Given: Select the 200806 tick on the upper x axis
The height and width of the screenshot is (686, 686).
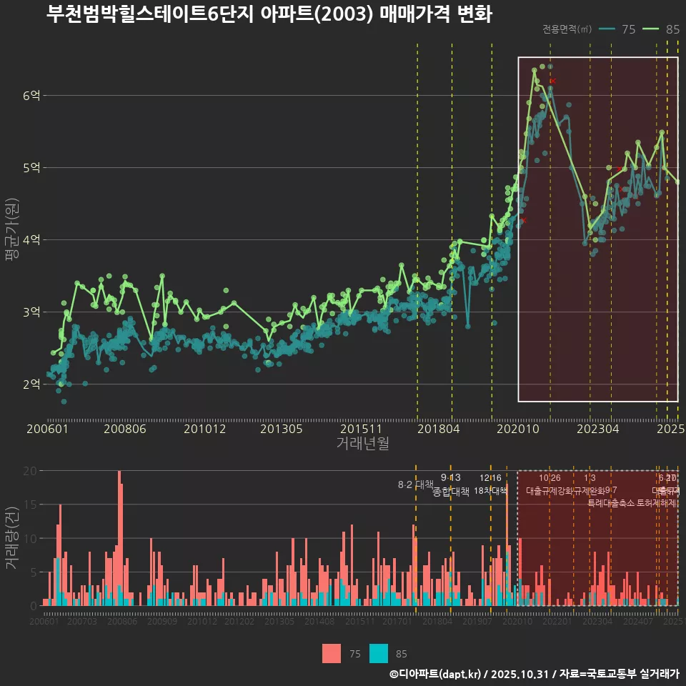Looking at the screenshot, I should point(124,429).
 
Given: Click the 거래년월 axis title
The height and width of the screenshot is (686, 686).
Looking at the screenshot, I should point(362,443).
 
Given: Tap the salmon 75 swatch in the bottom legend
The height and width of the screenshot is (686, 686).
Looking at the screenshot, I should point(332,653).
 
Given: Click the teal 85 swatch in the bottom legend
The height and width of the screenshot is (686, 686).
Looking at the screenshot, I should point(379,653).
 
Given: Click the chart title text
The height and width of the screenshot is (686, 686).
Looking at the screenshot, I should point(269,14).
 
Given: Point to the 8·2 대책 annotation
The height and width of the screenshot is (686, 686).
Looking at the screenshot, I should point(415,484).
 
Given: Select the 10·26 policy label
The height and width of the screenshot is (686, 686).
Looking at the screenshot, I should point(550,477).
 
